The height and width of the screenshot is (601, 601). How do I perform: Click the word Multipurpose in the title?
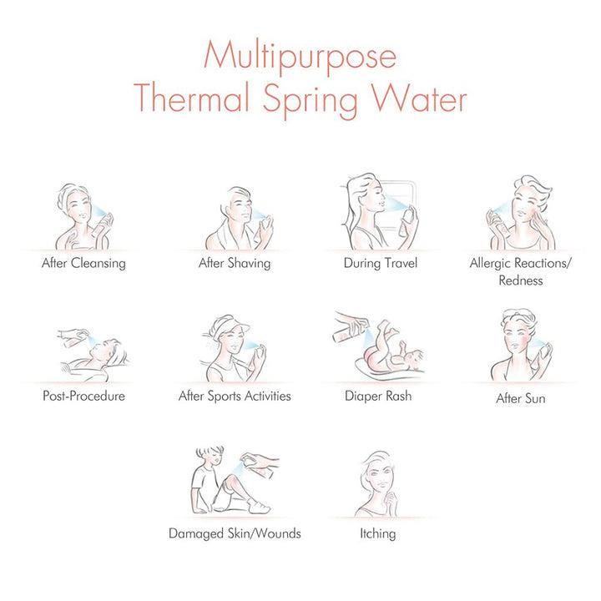pyautogui.click(x=300, y=57)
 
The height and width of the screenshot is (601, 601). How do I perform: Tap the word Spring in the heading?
pyautogui.click(x=310, y=99)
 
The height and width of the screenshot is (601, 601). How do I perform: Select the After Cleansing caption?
pyautogui.click(x=83, y=263)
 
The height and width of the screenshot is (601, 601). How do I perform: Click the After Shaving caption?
pyautogui.click(x=235, y=263)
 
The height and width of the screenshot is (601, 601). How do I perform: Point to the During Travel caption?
pyautogui.click(x=381, y=263)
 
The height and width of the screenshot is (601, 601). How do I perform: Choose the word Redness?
pyautogui.click(x=521, y=280)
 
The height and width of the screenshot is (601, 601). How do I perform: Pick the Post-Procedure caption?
pyautogui.click(x=83, y=396)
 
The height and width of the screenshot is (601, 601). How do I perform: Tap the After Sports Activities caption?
pyautogui.click(x=235, y=396)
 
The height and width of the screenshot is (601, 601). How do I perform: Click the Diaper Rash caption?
pyautogui.click(x=378, y=396)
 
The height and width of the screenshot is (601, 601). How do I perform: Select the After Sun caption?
pyautogui.click(x=521, y=398)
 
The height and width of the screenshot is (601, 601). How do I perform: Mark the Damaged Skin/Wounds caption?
pyautogui.click(x=235, y=533)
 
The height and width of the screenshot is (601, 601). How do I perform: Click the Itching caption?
pyautogui.click(x=377, y=533)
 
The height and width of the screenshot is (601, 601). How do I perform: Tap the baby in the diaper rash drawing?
pyautogui.click(x=393, y=351)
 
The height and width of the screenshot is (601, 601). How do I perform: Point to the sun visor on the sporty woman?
pyautogui.click(x=230, y=326)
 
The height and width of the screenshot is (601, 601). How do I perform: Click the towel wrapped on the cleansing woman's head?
pyautogui.click(x=70, y=196)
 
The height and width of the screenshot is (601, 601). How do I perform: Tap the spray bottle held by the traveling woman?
pyautogui.click(x=406, y=222)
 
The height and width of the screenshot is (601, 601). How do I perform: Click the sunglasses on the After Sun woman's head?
pyautogui.click(x=518, y=316)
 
